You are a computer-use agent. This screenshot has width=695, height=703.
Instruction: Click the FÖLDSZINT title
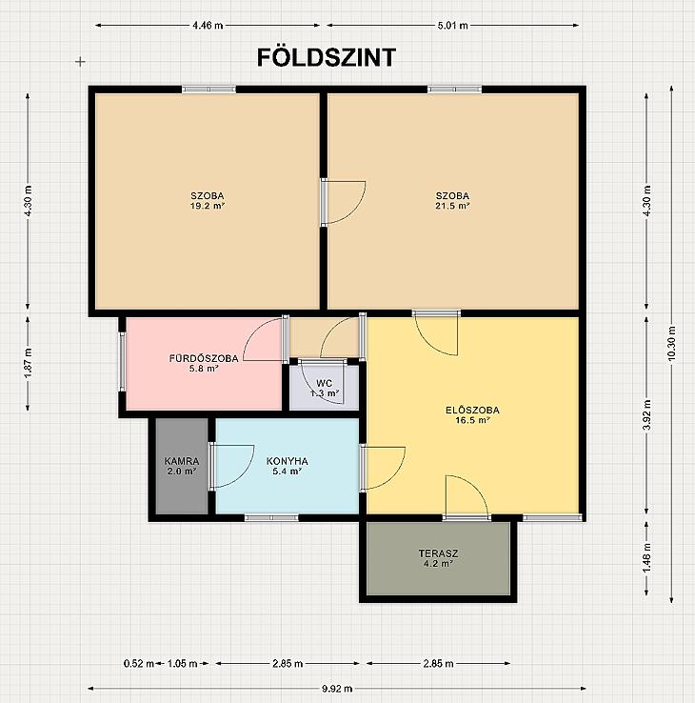coord(327,57)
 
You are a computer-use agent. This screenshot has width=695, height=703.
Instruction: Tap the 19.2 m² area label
coord(207,206)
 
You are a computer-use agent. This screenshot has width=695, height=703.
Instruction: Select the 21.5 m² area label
coord(452,206)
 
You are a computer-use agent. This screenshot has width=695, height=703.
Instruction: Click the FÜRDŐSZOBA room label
coord(204,358)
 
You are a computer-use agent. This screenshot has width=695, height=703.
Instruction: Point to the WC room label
coord(324,383)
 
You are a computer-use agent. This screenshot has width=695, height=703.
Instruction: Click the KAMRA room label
coord(182,461)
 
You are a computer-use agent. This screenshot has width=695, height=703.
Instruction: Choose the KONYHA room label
coord(287,461)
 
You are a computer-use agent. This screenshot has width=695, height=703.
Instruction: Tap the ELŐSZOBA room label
coord(473,410)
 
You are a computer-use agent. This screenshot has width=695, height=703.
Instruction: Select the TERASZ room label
coord(438,553)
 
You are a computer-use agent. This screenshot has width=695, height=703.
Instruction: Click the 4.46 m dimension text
coord(208,25)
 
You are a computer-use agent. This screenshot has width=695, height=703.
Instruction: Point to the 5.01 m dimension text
coord(452,25)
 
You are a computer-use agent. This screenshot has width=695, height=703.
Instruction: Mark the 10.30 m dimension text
coord(671,343)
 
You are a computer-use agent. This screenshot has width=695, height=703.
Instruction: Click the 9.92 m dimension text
coord(337,688)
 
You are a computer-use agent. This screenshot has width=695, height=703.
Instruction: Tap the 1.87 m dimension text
coord(28,363)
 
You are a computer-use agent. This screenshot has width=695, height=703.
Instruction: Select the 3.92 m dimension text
coord(646,414)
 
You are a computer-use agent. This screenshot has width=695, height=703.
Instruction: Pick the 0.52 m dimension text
coord(139,663)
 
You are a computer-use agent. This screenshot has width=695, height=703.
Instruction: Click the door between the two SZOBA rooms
coord(343,202)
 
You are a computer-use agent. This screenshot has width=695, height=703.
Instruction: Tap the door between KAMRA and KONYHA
coord(231,466)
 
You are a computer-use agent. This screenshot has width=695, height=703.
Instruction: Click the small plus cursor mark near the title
coord(80,61)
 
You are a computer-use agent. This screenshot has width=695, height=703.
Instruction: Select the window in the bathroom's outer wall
coord(122,361)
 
